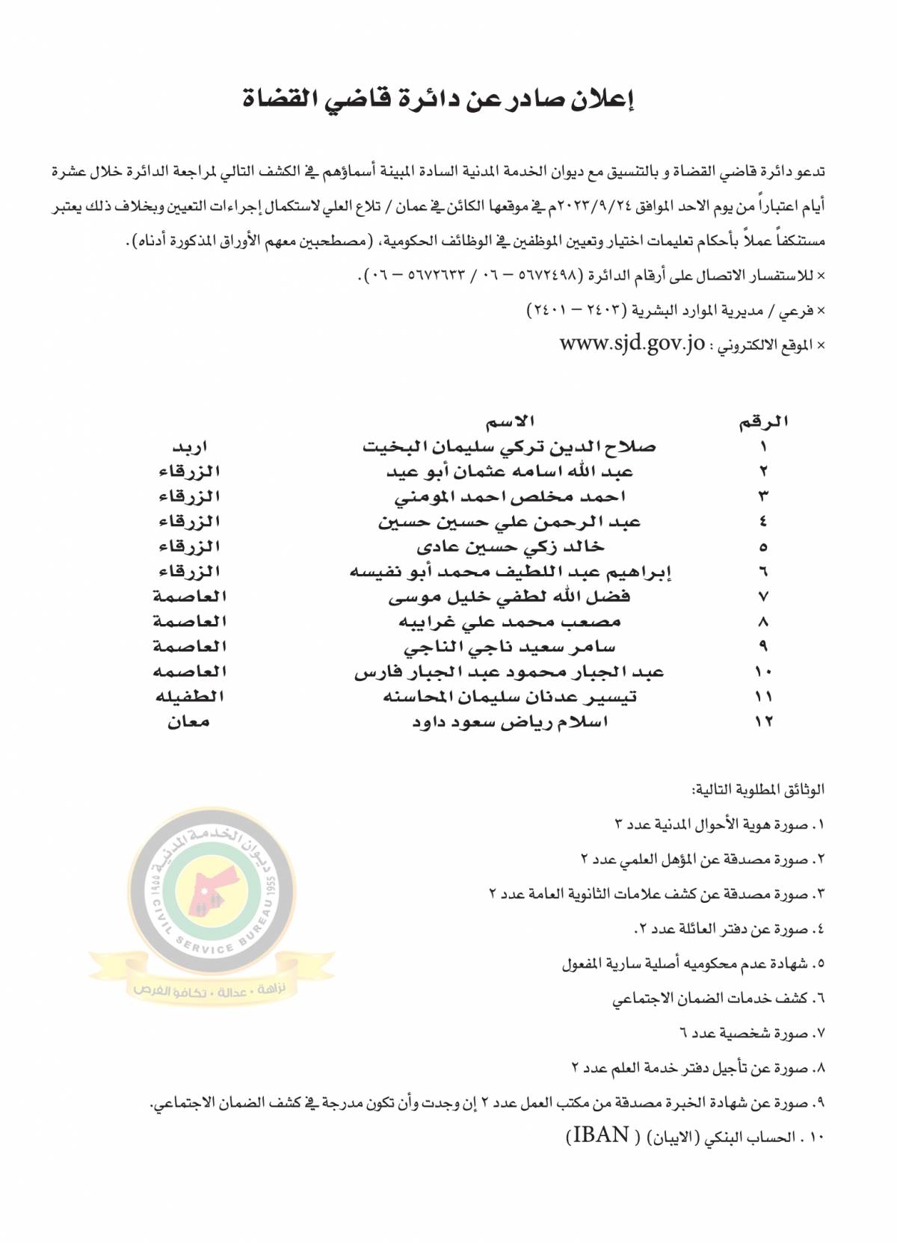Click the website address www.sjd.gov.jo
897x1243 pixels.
click(632, 344)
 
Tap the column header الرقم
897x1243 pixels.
click(763, 422)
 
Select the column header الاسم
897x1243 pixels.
click(511, 422)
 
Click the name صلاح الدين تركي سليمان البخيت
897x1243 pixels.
click(509, 447)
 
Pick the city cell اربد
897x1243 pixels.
click(190, 447)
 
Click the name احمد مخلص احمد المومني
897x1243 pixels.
click(510, 497)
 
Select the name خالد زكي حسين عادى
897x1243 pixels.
click(510, 547)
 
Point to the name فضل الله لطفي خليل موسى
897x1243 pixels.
click(510, 597)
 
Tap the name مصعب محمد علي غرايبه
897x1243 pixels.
click(510, 622)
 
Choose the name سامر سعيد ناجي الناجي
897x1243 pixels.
click(510, 647)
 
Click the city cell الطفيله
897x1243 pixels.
click(190, 697)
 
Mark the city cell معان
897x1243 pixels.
click(189, 722)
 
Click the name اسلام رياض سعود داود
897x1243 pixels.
click(510, 722)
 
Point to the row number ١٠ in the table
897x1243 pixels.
click(763, 672)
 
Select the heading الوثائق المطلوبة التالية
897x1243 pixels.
click(758, 789)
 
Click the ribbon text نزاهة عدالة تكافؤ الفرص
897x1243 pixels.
click(215, 990)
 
